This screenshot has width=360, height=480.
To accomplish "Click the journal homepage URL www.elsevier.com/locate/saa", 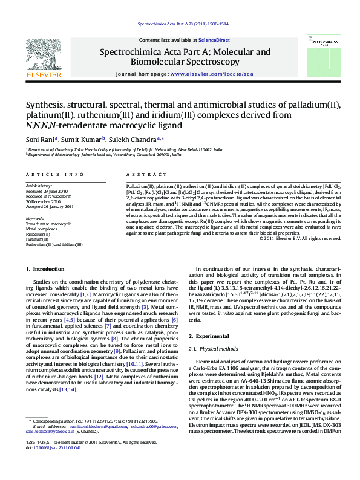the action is pos(212,73).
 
